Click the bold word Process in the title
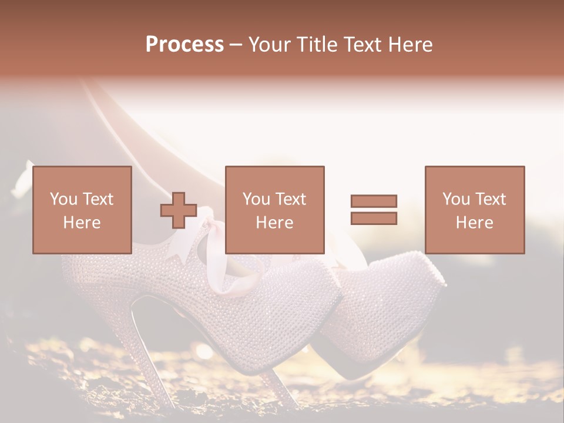(x=184, y=45)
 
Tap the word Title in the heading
(x=316, y=45)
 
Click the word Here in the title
(x=409, y=45)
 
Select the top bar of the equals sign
(x=374, y=201)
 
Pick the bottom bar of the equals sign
(x=374, y=219)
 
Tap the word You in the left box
(x=63, y=199)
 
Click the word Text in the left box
(x=97, y=199)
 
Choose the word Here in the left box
(x=82, y=223)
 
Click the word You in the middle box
(x=256, y=199)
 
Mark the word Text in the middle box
(x=290, y=199)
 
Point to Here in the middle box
(x=274, y=223)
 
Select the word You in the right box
(x=456, y=199)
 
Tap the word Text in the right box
(x=490, y=199)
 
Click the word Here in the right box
(x=474, y=223)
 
